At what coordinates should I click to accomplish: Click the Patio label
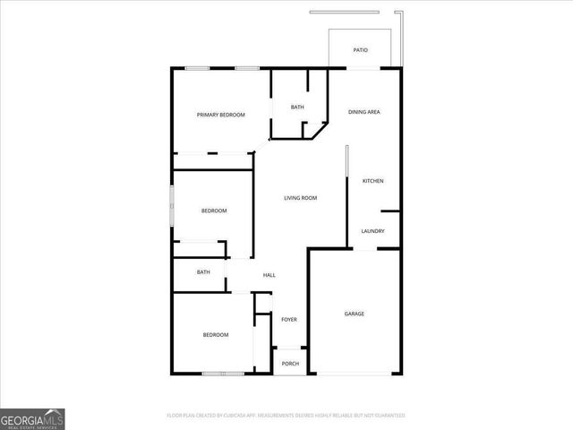tap(360, 50)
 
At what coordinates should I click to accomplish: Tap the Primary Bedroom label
tap(221, 115)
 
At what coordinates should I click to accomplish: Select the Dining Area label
tap(364, 112)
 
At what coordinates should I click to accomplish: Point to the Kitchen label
tap(372, 181)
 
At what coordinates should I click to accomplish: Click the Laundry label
tap(372, 231)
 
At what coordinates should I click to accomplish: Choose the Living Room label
tap(300, 198)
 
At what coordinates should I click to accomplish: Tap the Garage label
tap(355, 314)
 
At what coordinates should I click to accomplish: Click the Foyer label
tap(289, 320)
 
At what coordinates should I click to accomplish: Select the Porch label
tap(289, 364)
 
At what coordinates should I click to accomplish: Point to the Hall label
tap(269, 275)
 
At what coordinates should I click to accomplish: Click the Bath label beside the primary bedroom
tap(297, 107)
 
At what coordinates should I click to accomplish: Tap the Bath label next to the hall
tap(203, 272)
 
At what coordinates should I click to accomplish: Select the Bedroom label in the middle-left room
tap(214, 211)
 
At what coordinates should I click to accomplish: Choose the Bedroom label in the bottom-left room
tap(215, 335)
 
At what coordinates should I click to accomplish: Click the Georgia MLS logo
tap(32, 418)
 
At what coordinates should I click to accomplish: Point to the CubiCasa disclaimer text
tap(286, 416)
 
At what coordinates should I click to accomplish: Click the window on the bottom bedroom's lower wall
tap(222, 374)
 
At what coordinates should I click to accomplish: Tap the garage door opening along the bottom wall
tap(354, 374)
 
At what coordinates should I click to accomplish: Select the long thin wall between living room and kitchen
tap(347, 193)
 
